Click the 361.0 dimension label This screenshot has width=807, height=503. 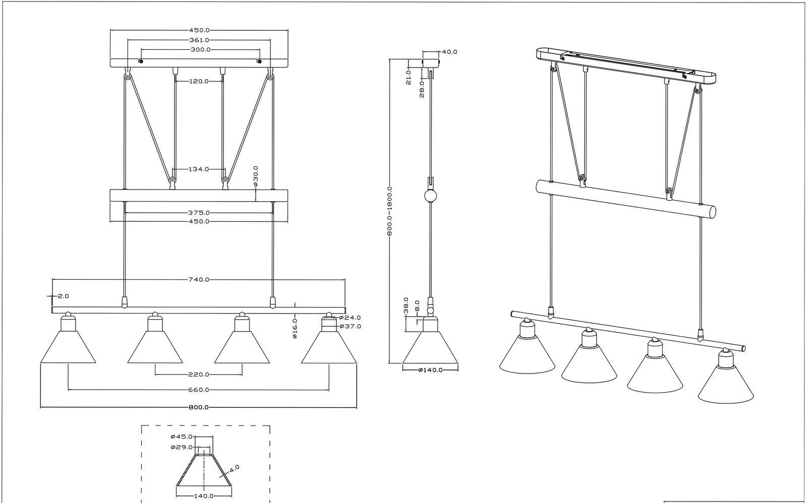click(199, 40)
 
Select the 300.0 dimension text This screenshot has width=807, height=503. click(201, 49)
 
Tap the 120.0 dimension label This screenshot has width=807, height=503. click(199, 81)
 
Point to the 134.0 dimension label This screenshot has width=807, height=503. click(199, 169)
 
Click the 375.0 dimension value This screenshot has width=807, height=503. click(199, 213)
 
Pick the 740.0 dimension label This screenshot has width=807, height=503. click(199, 279)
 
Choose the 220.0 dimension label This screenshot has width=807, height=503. click(199, 374)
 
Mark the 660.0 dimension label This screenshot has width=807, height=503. click(199, 390)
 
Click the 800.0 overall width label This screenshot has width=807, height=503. click(199, 407)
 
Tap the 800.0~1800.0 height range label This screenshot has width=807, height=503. click(389, 211)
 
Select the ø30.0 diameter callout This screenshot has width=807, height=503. click(256, 176)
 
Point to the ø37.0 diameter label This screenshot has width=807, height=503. click(350, 326)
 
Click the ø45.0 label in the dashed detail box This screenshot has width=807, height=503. click(182, 437)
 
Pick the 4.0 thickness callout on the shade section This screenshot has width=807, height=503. click(234, 469)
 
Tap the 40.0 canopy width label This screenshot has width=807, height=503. click(449, 52)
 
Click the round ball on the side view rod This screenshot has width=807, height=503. click(431, 196)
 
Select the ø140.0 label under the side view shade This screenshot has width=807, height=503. click(431, 370)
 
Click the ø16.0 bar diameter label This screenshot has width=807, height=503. click(295, 329)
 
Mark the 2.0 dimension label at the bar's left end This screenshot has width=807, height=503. click(63, 296)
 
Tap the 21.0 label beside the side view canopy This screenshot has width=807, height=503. click(409, 77)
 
